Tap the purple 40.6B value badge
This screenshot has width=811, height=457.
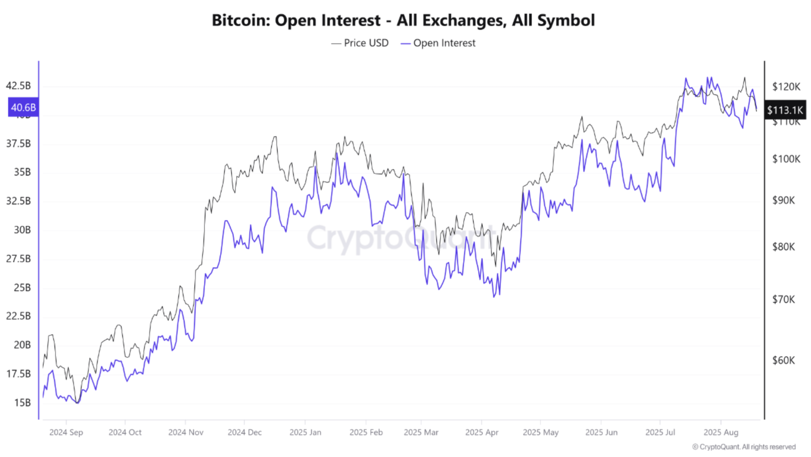click(23, 107)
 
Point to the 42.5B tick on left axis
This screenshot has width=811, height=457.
click(18, 86)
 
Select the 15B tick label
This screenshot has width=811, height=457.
click(22, 403)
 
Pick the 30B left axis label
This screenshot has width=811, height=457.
click(22, 230)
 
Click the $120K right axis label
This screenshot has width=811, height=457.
click(786, 87)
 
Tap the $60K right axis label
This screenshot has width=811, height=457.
click(783, 360)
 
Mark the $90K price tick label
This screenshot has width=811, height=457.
click(783, 200)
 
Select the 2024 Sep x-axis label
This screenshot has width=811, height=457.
click(66, 432)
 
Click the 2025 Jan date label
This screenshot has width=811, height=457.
click(305, 432)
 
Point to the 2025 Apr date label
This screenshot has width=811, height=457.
click(482, 432)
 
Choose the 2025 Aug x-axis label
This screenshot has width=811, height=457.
click(721, 432)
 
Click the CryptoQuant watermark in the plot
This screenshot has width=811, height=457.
click(400, 238)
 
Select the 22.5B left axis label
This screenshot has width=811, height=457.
click(18, 316)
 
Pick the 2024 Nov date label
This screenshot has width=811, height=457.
click(186, 432)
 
